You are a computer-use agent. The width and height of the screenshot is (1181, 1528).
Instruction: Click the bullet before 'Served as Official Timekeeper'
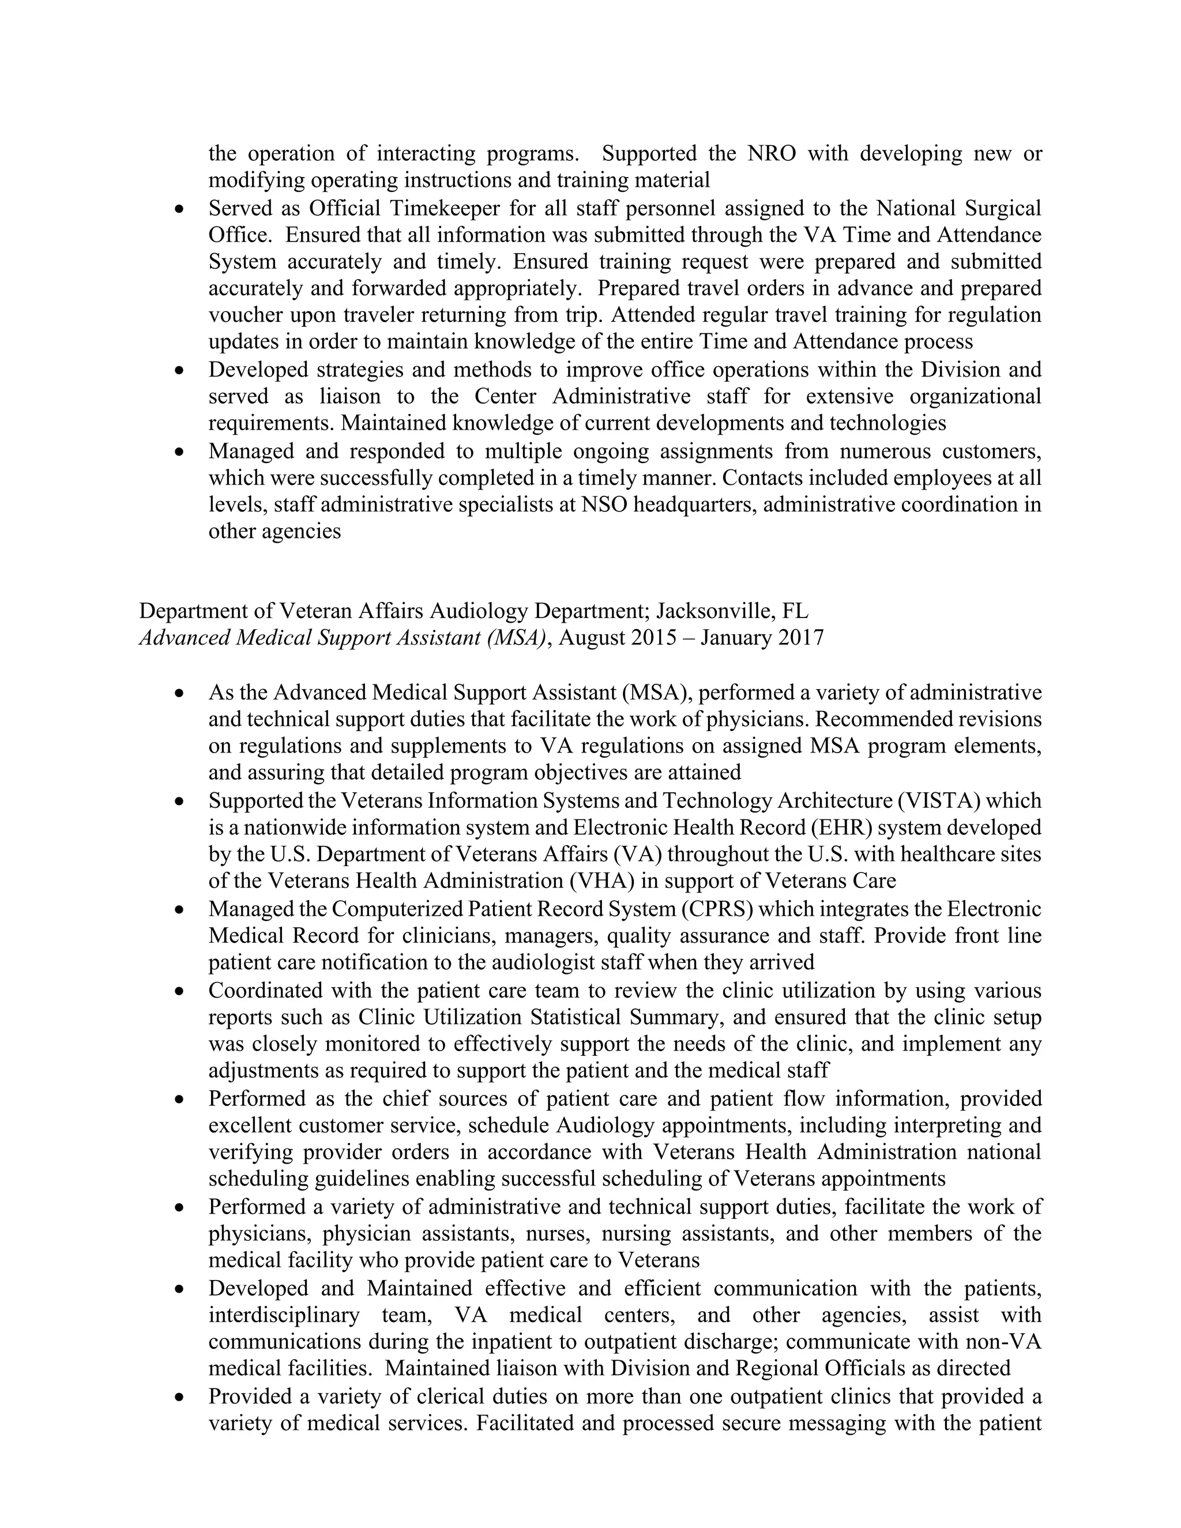click(x=180, y=209)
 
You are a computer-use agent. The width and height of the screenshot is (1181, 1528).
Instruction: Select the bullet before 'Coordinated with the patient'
click(x=180, y=991)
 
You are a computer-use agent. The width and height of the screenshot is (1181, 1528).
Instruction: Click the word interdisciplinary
click(x=283, y=1315)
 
